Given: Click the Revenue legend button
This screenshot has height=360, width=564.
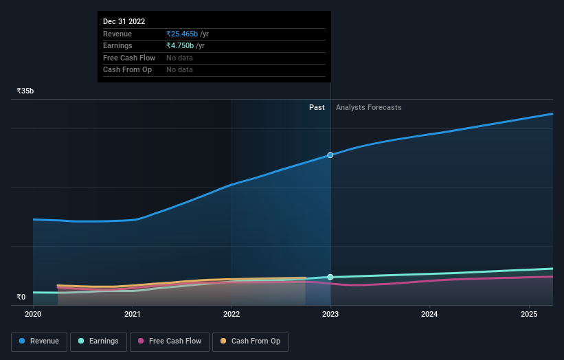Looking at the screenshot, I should [x=39, y=341].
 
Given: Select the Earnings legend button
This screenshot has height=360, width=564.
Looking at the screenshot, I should [x=98, y=341].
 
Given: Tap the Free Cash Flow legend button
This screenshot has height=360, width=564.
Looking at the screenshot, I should [x=170, y=341].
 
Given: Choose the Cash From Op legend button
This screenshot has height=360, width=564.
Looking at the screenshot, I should [x=250, y=341].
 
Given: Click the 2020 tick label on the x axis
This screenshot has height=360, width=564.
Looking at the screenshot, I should [x=33, y=315].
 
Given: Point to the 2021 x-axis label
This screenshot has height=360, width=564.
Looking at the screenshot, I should [x=133, y=315].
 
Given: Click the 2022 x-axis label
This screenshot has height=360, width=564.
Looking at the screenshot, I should [x=232, y=315].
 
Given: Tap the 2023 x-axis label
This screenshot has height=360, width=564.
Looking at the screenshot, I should [x=330, y=315].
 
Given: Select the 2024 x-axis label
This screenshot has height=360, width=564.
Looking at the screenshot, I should [x=429, y=315].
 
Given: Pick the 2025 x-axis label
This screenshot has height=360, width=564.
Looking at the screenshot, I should [x=529, y=315].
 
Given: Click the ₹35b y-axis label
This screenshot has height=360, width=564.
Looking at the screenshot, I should [x=25, y=91].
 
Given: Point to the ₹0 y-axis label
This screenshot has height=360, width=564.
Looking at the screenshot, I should [x=21, y=297].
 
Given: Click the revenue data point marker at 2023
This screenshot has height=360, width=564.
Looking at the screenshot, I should [x=330, y=155].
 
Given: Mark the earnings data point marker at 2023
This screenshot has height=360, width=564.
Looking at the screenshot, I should [x=330, y=277].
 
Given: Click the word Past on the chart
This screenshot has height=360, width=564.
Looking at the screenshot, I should [x=317, y=107].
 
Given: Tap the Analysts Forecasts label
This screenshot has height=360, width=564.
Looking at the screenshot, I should [x=368, y=107].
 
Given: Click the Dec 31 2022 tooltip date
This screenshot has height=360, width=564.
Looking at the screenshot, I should [x=124, y=22].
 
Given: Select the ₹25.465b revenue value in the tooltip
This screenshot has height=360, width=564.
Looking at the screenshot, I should [x=182, y=34].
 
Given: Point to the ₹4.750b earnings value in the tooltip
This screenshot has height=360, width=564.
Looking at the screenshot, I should [x=180, y=45].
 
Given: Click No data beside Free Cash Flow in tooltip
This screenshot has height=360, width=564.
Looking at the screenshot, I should [x=179, y=58].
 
